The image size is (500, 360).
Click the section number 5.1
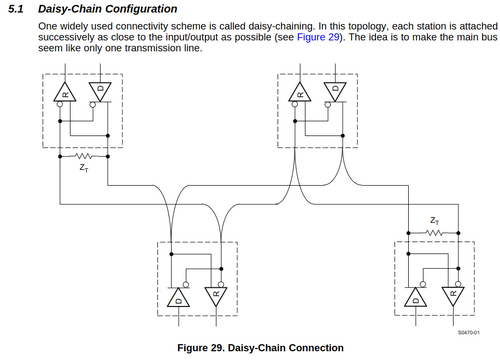pyautogui.click(x=16, y=9)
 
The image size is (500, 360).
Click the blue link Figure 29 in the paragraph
pyautogui.click(x=318, y=37)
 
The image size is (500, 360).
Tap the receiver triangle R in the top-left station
pyautogui.click(x=65, y=92)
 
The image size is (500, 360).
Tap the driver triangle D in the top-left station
pyautogui.click(x=100, y=91)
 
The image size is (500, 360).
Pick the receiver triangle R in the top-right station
pyautogui.click(x=300, y=92)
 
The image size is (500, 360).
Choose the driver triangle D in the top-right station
pyautogui.click(x=335, y=91)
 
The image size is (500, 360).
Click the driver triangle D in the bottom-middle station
pyautogui.click(x=178, y=298)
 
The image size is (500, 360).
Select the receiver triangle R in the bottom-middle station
pyautogui.click(x=216, y=296)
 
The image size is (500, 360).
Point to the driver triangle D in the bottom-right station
pyautogui.click(x=415, y=297)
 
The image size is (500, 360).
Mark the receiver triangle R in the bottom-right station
pyautogui.click(x=453, y=296)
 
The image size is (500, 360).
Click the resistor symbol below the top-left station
pyautogui.click(x=83, y=156)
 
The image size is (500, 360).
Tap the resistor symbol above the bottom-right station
pyautogui.click(x=434, y=233)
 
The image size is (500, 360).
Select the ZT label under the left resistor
pyautogui.click(x=84, y=168)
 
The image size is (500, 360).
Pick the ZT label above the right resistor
pyautogui.click(x=435, y=221)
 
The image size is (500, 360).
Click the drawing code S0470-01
pyautogui.click(x=469, y=332)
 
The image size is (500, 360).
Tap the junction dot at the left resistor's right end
pyautogui.click(x=108, y=156)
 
